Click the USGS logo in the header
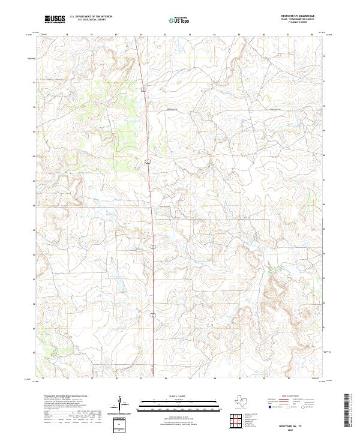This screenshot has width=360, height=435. (x=55, y=19)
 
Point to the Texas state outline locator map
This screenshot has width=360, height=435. (x=245, y=401)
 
